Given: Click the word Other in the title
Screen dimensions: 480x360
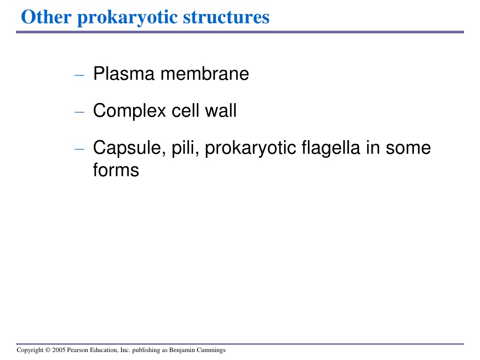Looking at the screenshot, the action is [46, 17].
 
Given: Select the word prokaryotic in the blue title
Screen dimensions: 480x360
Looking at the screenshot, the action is [127, 18].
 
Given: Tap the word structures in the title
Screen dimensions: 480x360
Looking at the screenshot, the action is [226, 17].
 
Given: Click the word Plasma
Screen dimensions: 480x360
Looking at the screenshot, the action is [124, 74].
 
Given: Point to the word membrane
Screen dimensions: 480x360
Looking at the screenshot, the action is [204, 74].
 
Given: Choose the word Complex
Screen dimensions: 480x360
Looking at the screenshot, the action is [129, 111].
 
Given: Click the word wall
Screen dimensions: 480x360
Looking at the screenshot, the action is [221, 111].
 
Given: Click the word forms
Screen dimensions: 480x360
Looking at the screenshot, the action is [116, 170].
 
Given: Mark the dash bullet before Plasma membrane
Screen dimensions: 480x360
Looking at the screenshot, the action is [79, 75].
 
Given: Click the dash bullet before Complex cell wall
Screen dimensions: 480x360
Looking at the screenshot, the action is [79, 112].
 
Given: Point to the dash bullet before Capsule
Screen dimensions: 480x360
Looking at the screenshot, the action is [79, 149].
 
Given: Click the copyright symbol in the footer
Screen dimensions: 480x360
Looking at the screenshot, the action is [48, 350].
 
